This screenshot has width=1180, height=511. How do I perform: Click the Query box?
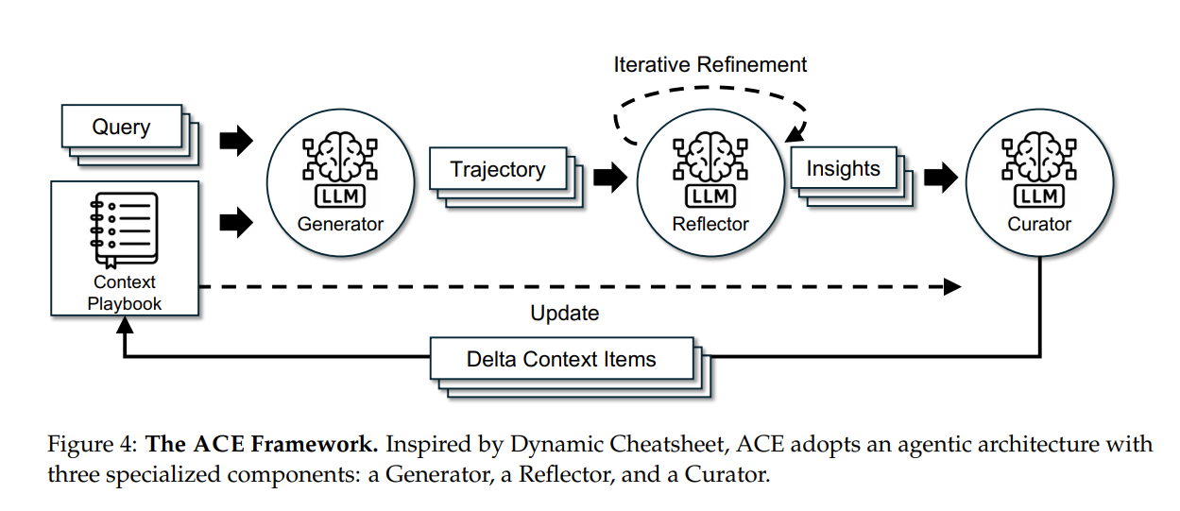coord(121,127)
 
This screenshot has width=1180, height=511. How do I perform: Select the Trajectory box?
coord(498,170)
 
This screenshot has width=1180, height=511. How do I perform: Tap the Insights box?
coord(843,169)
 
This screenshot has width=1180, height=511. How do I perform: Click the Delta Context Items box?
coord(561,360)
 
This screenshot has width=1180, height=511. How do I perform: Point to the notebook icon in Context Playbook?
coord(124,230)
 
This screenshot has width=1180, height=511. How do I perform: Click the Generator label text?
coord(340,224)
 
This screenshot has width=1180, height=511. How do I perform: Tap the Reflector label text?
coord(710,224)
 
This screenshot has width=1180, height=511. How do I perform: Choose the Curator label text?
coord(1039,224)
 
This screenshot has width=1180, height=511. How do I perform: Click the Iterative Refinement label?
coord(710,64)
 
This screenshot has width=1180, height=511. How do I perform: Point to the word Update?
coord(564,313)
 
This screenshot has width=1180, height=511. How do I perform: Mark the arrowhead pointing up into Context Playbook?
coord(124,325)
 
